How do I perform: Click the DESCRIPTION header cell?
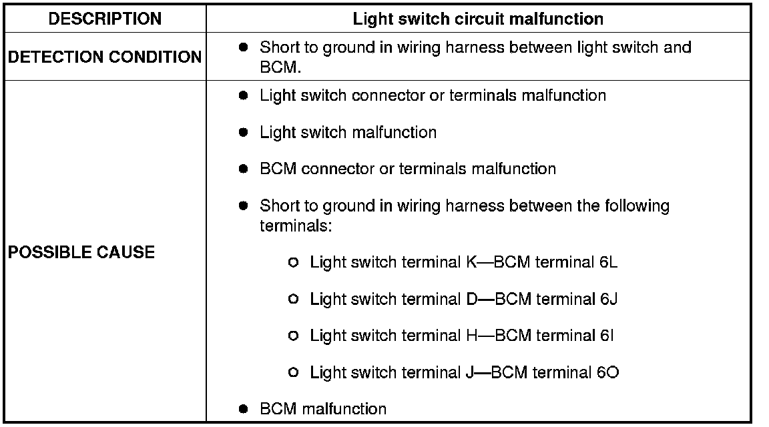(x=105, y=19)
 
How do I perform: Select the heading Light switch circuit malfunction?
(x=478, y=19)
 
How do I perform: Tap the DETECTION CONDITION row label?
(x=105, y=57)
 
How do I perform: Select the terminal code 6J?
(x=608, y=299)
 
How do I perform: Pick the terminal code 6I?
(x=606, y=336)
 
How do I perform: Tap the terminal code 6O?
(x=609, y=372)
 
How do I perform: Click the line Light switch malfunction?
(x=348, y=132)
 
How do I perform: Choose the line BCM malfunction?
(x=323, y=408)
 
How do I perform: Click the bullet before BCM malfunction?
(x=244, y=408)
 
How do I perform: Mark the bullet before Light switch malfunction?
(x=244, y=132)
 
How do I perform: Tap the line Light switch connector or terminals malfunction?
(x=433, y=95)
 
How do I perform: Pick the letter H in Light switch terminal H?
(x=471, y=336)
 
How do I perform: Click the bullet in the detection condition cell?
(x=244, y=48)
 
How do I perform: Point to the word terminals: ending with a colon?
(x=296, y=226)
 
